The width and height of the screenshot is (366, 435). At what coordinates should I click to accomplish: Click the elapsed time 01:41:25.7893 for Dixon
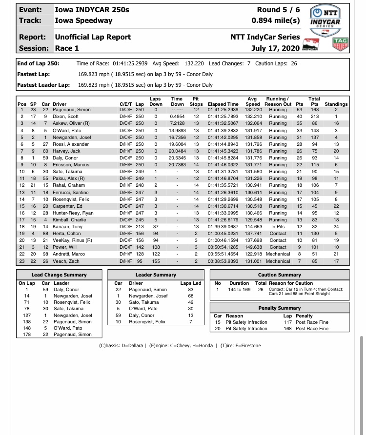coord(223,117)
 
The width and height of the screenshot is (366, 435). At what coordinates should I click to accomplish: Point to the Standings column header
coord(336,104)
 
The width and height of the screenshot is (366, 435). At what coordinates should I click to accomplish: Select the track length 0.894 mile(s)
coord(276,20)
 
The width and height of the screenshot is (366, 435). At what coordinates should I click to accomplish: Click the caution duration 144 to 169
coord(239,290)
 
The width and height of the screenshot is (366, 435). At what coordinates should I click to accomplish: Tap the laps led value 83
coord(191,290)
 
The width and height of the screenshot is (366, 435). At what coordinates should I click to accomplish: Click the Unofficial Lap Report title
coord(93,37)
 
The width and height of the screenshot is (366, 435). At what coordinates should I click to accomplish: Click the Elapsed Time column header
coord(223,104)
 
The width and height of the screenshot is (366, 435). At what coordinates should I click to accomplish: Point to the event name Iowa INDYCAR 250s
coord(92,9)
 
